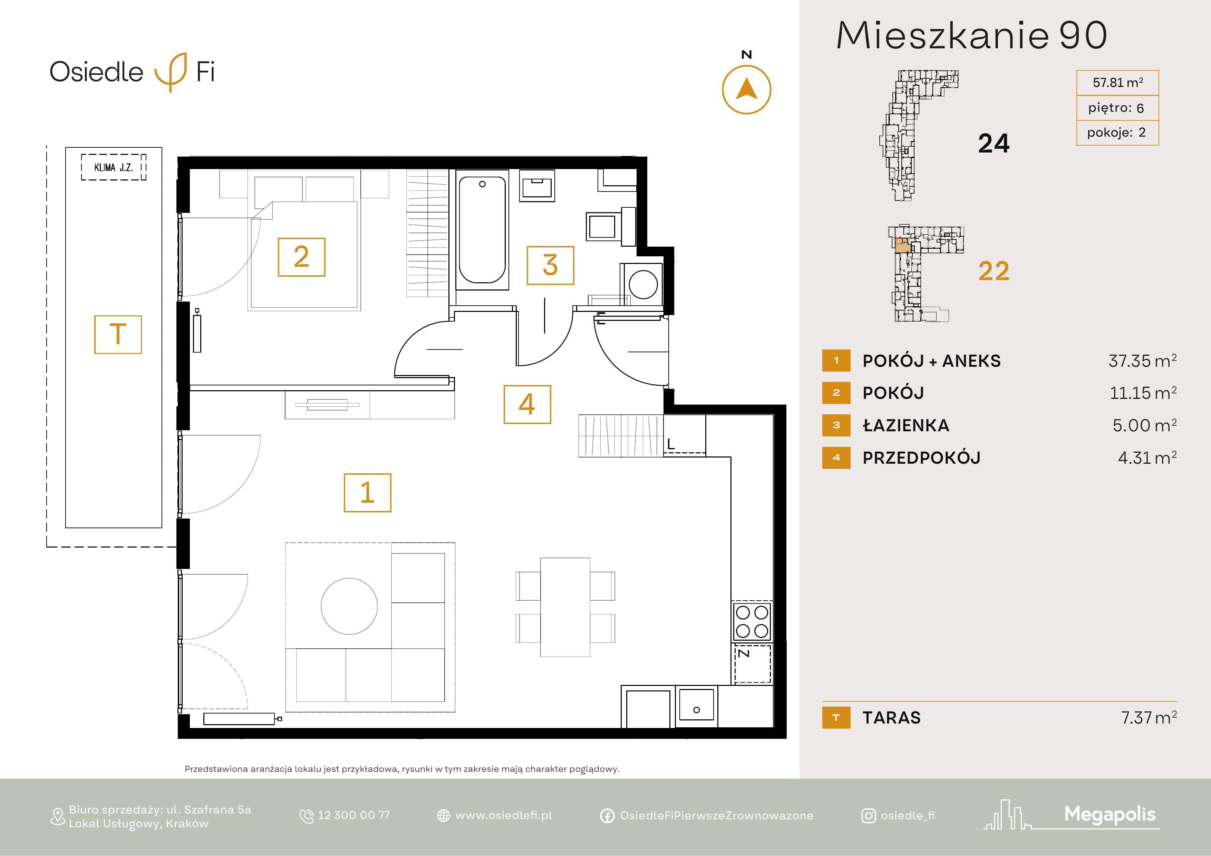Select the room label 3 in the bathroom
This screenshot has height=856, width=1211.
pyautogui.click(x=550, y=265)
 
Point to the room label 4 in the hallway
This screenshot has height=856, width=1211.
pyautogui.click(x=527, y=404)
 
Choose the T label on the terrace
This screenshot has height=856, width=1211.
pyautogui.click(x=118, y=334)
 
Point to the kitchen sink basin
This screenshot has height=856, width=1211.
pyautogui.click(x=696, y=704)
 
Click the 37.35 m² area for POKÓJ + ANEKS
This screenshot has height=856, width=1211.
pyautogui.click(x=1142, y=361)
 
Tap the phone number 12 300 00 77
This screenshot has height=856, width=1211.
pyautogui.click(x=353, y=815)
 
